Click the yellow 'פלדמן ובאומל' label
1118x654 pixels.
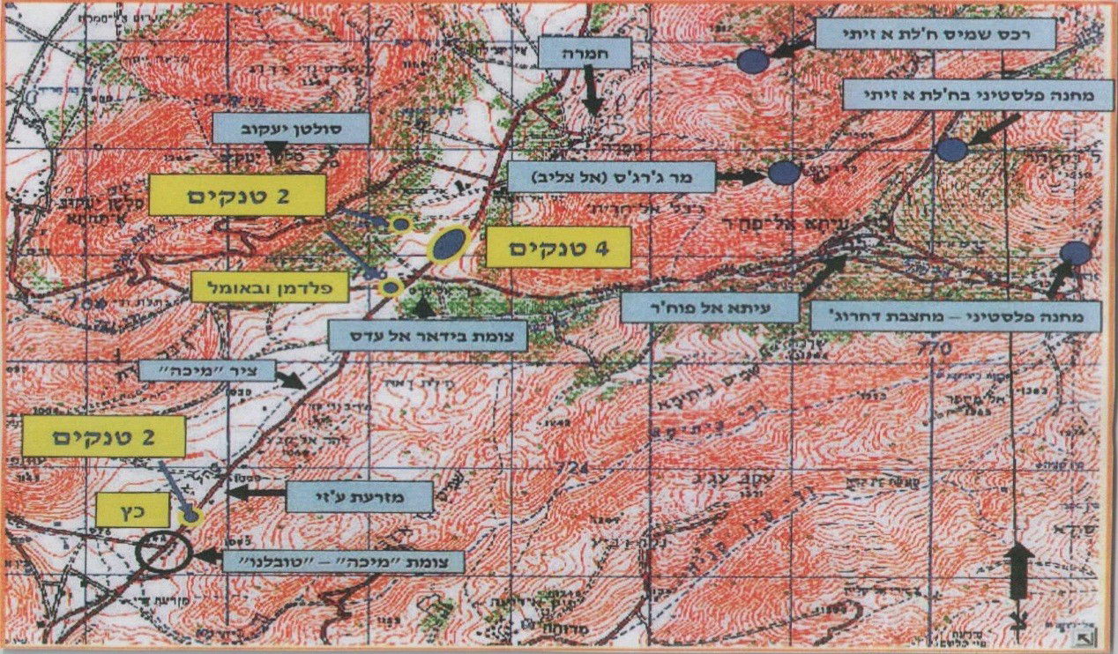270,286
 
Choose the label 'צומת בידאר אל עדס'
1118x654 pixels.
427,335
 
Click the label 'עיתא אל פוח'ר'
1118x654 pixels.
710,308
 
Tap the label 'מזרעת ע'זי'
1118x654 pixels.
359,497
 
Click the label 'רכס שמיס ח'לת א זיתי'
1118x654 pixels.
935,34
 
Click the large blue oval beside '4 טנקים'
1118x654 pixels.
449,244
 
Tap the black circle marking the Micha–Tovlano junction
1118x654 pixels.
164,554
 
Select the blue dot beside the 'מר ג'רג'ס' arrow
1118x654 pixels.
784,173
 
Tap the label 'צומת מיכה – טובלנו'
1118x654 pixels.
343,561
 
